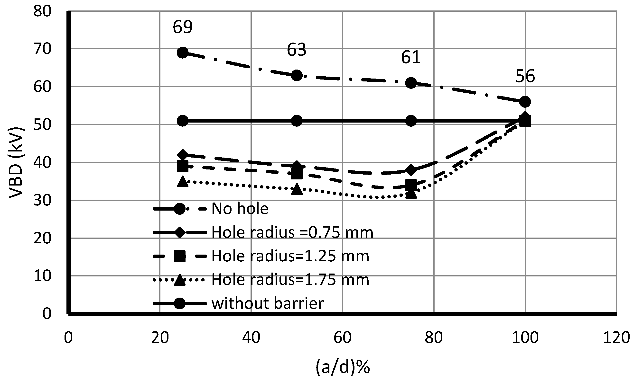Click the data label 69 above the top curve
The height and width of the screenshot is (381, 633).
click(x=182, y=27)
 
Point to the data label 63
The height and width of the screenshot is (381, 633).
click(x=297, y=50)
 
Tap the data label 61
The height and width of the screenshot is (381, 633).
click(x=410, y=57)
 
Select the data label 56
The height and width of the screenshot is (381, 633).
click(x=525, y=76)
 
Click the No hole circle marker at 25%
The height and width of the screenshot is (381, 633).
click(x=182, y=53)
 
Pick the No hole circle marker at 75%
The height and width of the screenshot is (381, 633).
click(x=410, y=83)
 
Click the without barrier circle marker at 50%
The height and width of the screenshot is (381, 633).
click(x=297, y=121)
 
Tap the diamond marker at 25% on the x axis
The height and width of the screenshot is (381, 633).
click(x=183, y=155)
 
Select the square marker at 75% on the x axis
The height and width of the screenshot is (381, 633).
click(x=410, y=185)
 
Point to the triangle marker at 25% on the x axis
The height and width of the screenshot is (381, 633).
click(x=183, y=182)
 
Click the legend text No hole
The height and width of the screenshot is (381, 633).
click(x=240, y=208)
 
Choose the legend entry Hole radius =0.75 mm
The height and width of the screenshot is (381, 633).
click(x=292, y=232)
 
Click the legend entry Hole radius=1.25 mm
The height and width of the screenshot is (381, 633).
click(x=290, y=256)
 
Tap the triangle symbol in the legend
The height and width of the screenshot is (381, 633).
click(x=180, y=280)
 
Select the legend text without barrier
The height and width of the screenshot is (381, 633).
click(x=267, y=303)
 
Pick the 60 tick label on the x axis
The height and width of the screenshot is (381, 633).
click(x=343, y=338)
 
